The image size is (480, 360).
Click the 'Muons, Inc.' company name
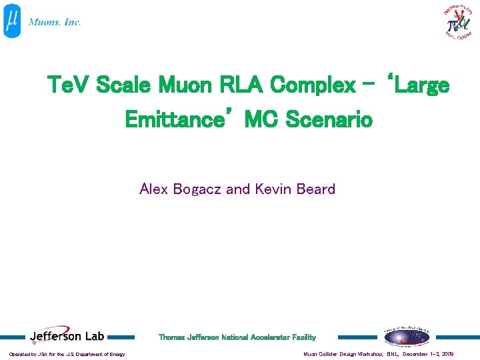[x=55, y=22]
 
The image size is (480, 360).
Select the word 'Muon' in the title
[x=183, y=85]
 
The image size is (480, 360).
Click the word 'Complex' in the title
[x=313, y=85]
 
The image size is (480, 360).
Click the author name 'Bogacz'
[x=197, y=189]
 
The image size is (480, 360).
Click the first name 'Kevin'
[x=270, y=189]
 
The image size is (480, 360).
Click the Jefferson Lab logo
[x=67, y=337]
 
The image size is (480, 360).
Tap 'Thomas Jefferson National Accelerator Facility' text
[x=237, y=337]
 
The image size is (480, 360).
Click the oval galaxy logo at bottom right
[x=407, y=337]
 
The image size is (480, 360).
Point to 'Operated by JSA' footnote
[x=67, y=354]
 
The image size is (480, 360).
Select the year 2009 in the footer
[x=447, y=354]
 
